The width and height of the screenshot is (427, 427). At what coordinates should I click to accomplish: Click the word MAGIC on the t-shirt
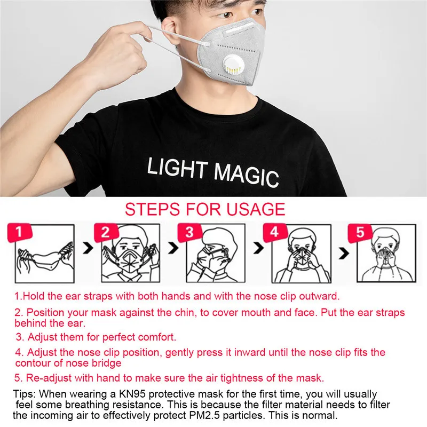(246, 176)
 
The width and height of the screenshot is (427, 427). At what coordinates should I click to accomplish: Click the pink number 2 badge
(105, 233)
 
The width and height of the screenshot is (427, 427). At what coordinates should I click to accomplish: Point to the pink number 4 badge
(274, 233)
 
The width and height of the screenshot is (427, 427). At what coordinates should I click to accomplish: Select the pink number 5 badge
(359, 233)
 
